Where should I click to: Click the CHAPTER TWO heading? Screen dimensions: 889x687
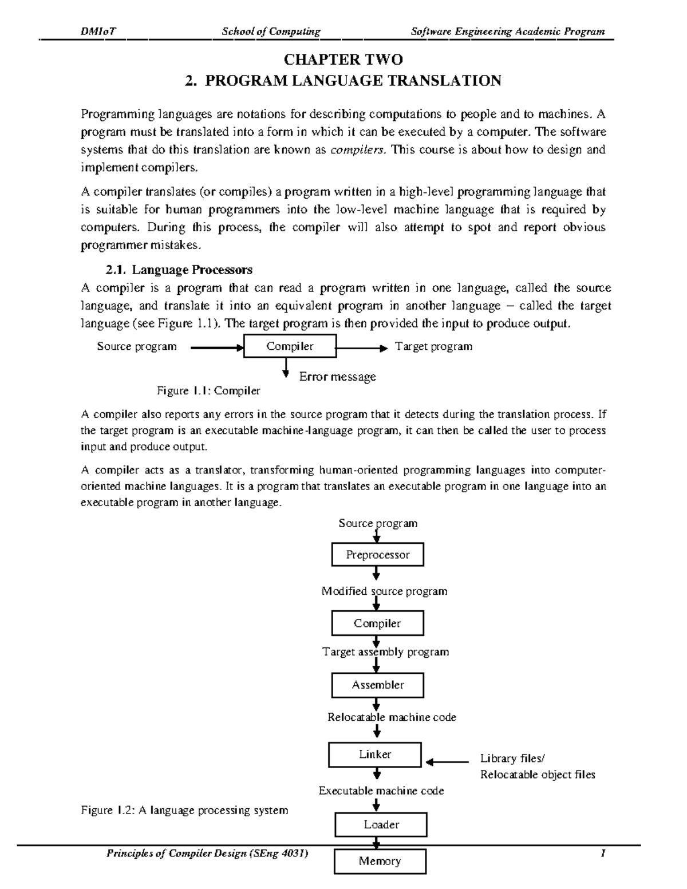pyautogui.click(x=343, y=60)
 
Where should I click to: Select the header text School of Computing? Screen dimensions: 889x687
pyautogui.click(x=271, y=31)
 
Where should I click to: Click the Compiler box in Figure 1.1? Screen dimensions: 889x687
pyautogui.click(x=289, y=346)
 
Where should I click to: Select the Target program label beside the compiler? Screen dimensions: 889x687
pyautogui.click(x=433, y=346)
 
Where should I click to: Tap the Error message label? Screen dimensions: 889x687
pyautogui.click(x=337, y=377)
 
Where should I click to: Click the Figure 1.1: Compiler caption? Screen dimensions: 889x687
pyautogui.click(x=208, y=391)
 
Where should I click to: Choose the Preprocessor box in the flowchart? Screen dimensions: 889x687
pyautogui.click(x=377, y=555)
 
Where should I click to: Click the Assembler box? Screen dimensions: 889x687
pyautogui.click(x=377, y=685)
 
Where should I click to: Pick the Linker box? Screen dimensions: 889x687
pyautogui.click(x=375, y=754)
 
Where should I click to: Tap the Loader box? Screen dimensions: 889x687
pyautogui.click(x=381, y=825)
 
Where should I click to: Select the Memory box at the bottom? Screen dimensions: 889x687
pyautogui.click(x=380, y=861)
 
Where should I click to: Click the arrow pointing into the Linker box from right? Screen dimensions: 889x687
pyautogui.click(x=447, y=762)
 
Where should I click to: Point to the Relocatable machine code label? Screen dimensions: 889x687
pyautogui.click(x=392, y=717)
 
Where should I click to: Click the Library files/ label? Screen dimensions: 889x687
pyautogui.click(x=512, y=758)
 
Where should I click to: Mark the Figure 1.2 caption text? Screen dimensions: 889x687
pyautogui.click(x=184, y=810)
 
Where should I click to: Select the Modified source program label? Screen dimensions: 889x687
pyautogui.click(x=384, y=591)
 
